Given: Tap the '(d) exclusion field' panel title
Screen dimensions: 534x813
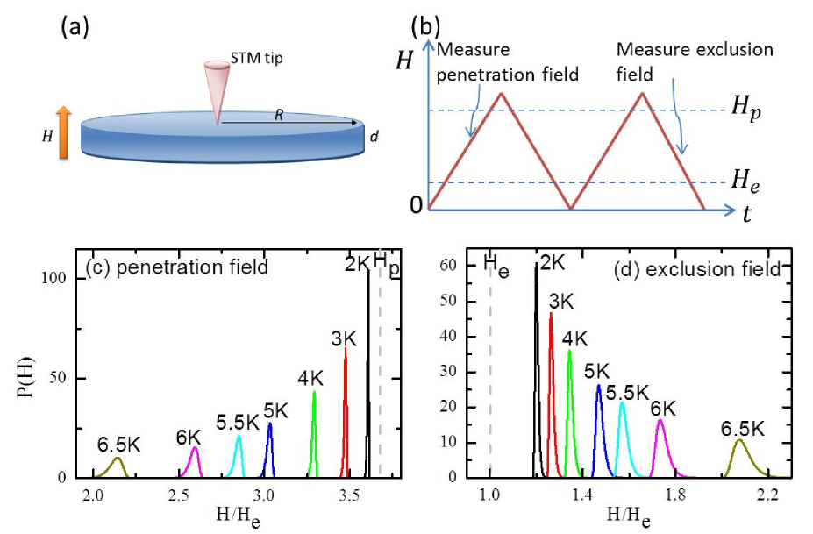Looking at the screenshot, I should [x=711, y=267].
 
